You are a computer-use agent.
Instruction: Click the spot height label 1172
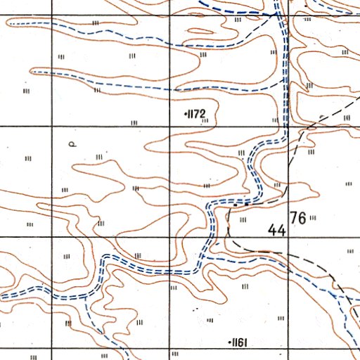[195, 112]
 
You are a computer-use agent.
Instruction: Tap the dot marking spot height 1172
[184, 112]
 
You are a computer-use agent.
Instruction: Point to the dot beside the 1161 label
[231, 342]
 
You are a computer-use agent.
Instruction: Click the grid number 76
[298, 218]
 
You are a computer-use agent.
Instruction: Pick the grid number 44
[277, 230]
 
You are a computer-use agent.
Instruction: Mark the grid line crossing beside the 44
[287, 238]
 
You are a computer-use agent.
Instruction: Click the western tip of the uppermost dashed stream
[8, 22]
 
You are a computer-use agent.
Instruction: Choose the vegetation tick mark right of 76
[313, 218]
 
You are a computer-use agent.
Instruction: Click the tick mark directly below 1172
[205, 121]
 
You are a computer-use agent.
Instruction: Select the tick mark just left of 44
[243, 220]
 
